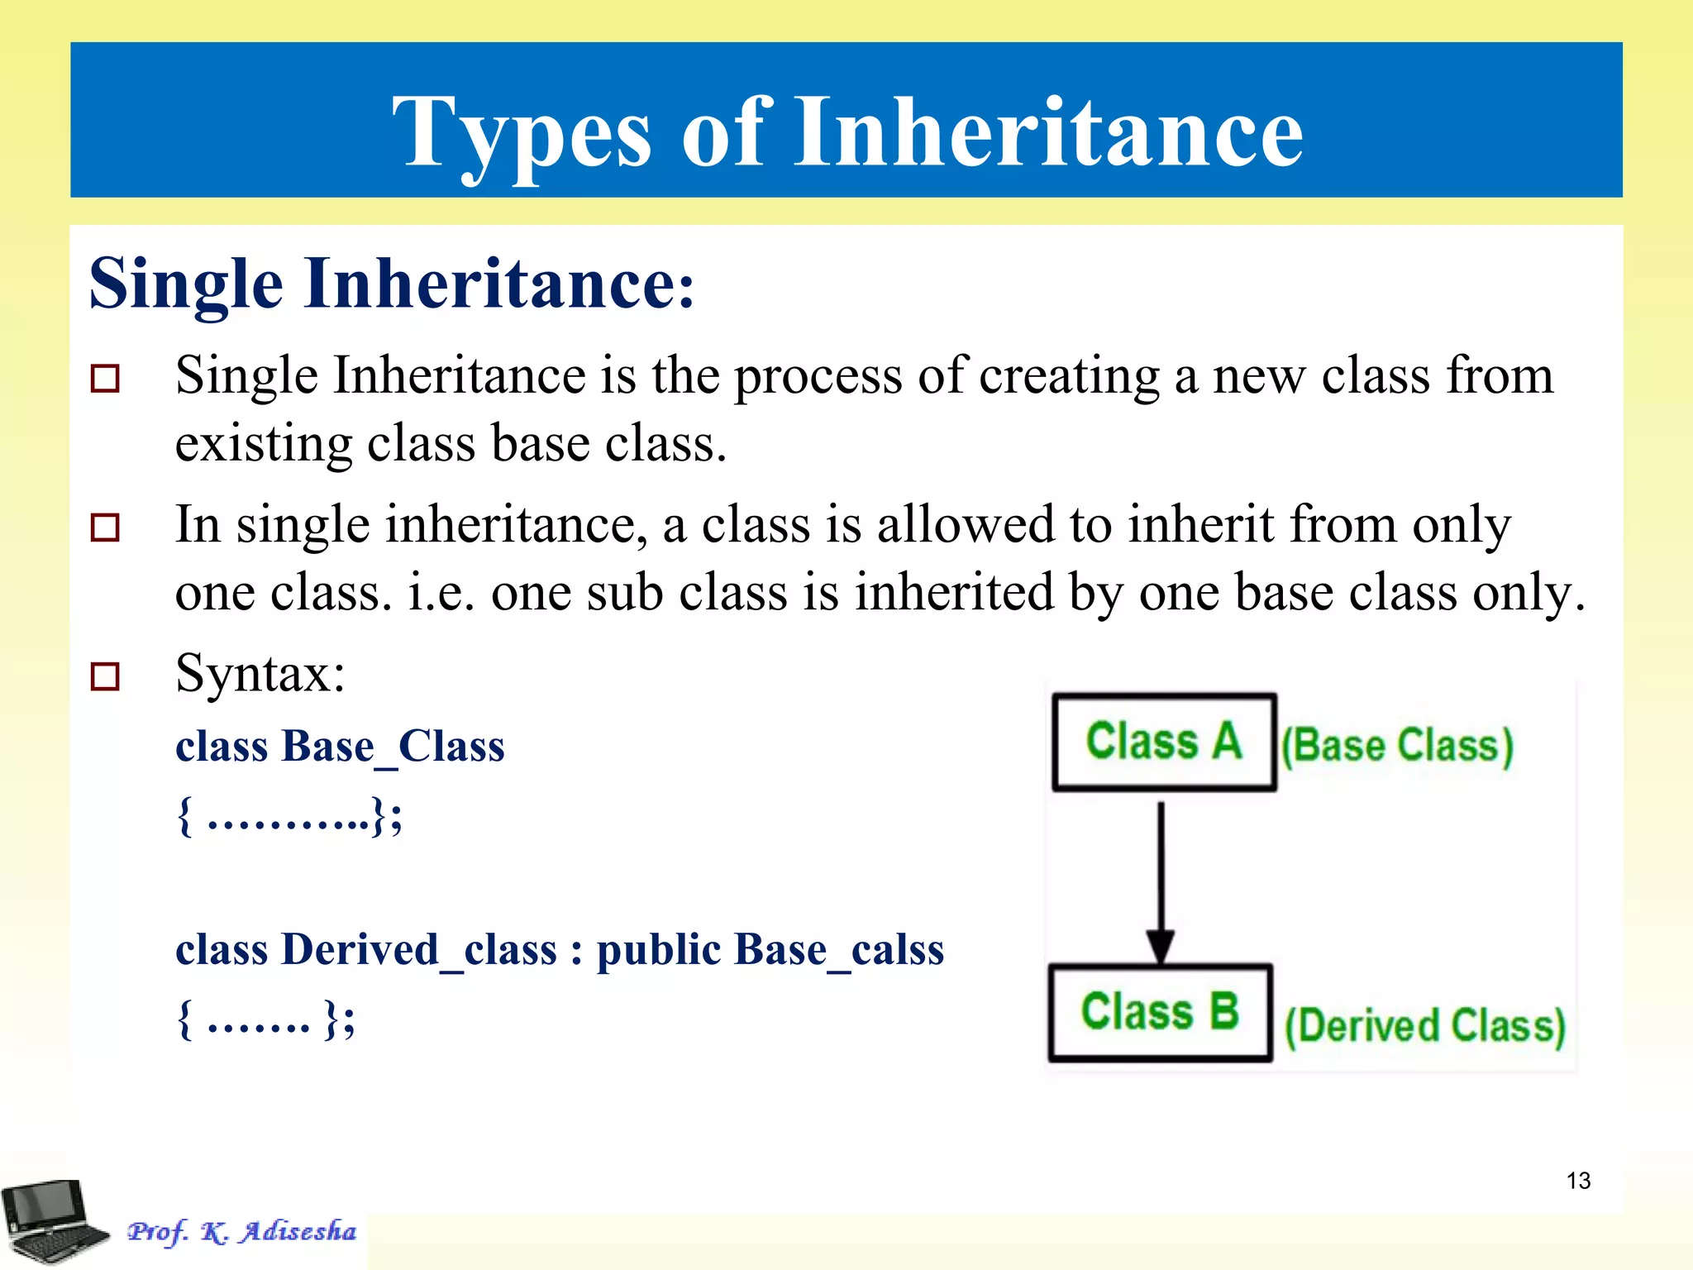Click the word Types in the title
coord(521,132)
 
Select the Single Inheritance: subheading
coord(391,284)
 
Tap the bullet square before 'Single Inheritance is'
coord(105,379)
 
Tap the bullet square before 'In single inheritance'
coord(105,527)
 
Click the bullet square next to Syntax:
coord(105,676)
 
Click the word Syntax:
coord(260,673)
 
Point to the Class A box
coord(1164,742)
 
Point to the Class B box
coord(1160,1012)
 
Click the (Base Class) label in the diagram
coord(1397,746)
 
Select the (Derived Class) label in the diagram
coord(1424,1026)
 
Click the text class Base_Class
coord(340,747)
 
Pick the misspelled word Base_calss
coord(838,949)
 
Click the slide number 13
coord(1578,1180)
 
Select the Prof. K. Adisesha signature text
coord(241,1231)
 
